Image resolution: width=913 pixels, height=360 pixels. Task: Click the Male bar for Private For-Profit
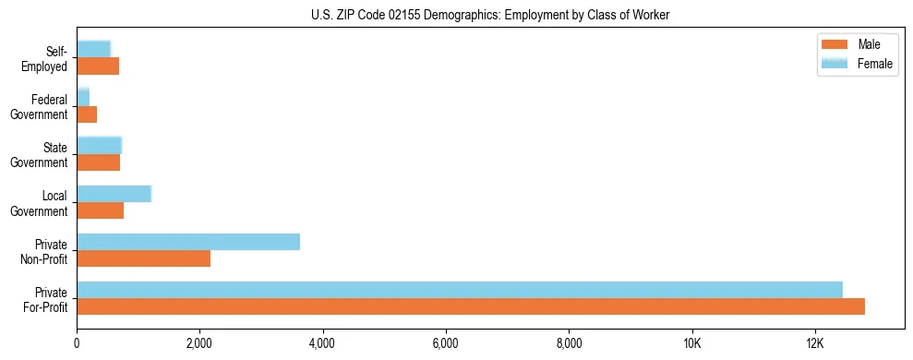click(471, 306)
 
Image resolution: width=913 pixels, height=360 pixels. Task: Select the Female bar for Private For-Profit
click(460, 290)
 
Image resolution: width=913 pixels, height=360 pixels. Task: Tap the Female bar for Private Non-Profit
click(188, 242)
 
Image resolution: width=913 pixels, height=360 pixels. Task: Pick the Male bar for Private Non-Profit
click(144, 258)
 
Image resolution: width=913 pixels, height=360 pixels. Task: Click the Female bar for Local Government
click(114, 194)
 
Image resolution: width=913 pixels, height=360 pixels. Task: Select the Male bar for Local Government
click(101, 210)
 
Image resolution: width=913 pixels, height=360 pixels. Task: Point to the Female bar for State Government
click(99, 146)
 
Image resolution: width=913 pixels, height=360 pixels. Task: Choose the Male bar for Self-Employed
click(98, 66)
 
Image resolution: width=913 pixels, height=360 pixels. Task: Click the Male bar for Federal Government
click(87, 114)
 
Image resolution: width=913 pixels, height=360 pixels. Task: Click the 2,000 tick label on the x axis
click(199, 343)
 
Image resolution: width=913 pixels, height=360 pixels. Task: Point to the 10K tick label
click(691, 343)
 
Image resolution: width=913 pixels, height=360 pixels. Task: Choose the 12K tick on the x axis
click(814, 343)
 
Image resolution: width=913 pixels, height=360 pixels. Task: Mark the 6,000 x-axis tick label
click(446, 343)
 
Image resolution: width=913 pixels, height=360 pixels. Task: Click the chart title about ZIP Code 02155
click(490, 14)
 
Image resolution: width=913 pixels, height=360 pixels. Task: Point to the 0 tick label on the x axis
click(77, 343)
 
